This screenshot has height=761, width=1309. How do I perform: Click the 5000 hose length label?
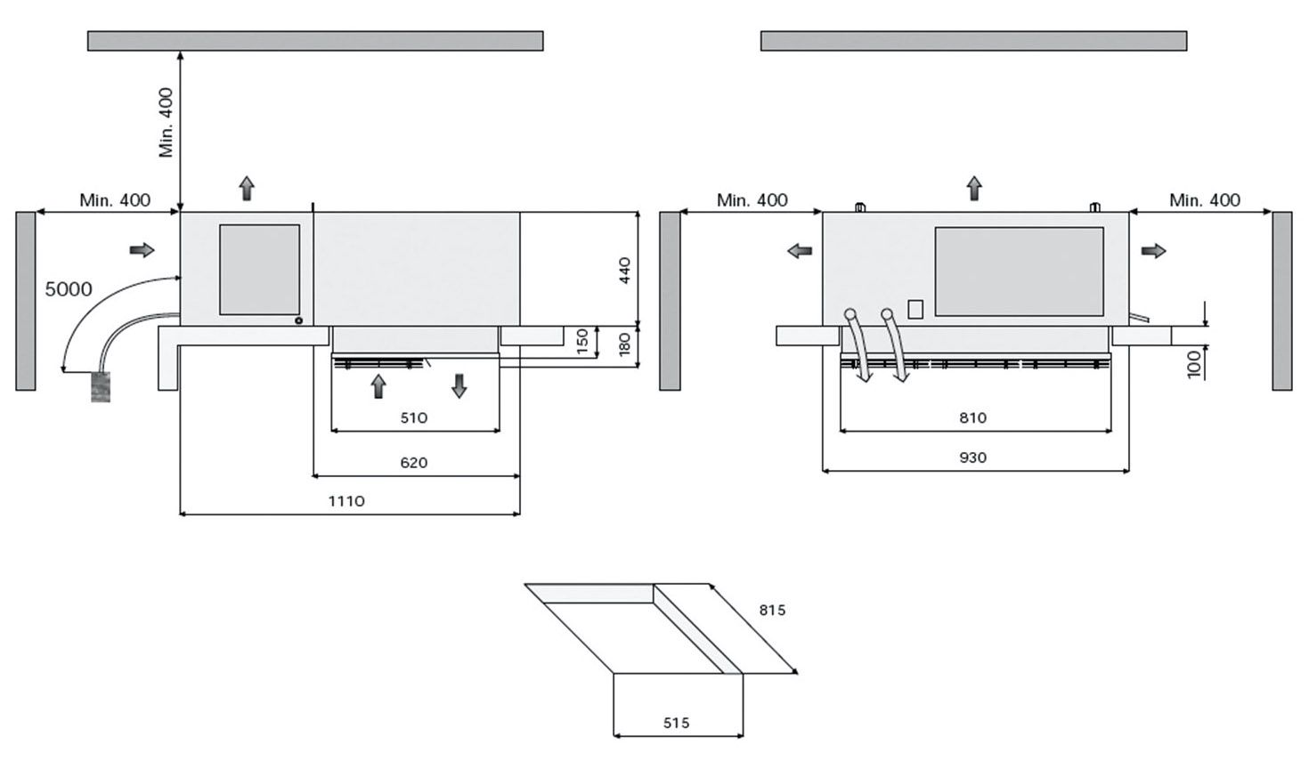pyautogui.click(x=69, y=289)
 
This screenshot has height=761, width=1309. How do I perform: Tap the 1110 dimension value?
pyautogui.click(x=346, y=501)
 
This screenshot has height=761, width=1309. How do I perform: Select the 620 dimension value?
pyautogui.click(x=413, y=463)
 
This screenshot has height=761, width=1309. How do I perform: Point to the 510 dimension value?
pyautogui.click(x=413, y=417)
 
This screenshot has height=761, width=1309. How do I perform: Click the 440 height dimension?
pyautogui.click(x=624, y=270)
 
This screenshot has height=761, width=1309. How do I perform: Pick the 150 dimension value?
pyautogui.click(x=582, y=341)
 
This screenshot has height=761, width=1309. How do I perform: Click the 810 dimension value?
pyautogui.click(x=972, y=417)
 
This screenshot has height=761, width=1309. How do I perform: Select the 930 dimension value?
pyautogui.click(x=972, y=457)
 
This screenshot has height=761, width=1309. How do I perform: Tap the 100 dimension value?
pyautogui.click(x=1195, y=363)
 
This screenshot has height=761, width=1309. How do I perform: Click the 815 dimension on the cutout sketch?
pyautogui.click(x=772, y=611)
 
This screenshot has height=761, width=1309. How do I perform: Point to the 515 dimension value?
pyautogui.click(x=676, y=723)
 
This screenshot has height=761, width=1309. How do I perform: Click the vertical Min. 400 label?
pyautogui.click(x=167, y=123)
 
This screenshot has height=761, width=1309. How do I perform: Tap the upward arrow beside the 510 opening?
pyautogui.click(x=378, y=385)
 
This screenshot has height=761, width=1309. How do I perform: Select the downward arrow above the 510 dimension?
pyautogui.click(x=459, y=385)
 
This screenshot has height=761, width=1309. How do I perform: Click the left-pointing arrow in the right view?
pyautogui.click(x=800, y=251)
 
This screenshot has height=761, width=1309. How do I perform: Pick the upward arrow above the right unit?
pyautogui.click(x=974, y=188)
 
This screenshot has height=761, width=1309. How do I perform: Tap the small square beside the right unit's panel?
pyautogui.click(x=915, y=308)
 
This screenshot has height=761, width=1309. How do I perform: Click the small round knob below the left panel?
pyautogui.click(x=298, y=320)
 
